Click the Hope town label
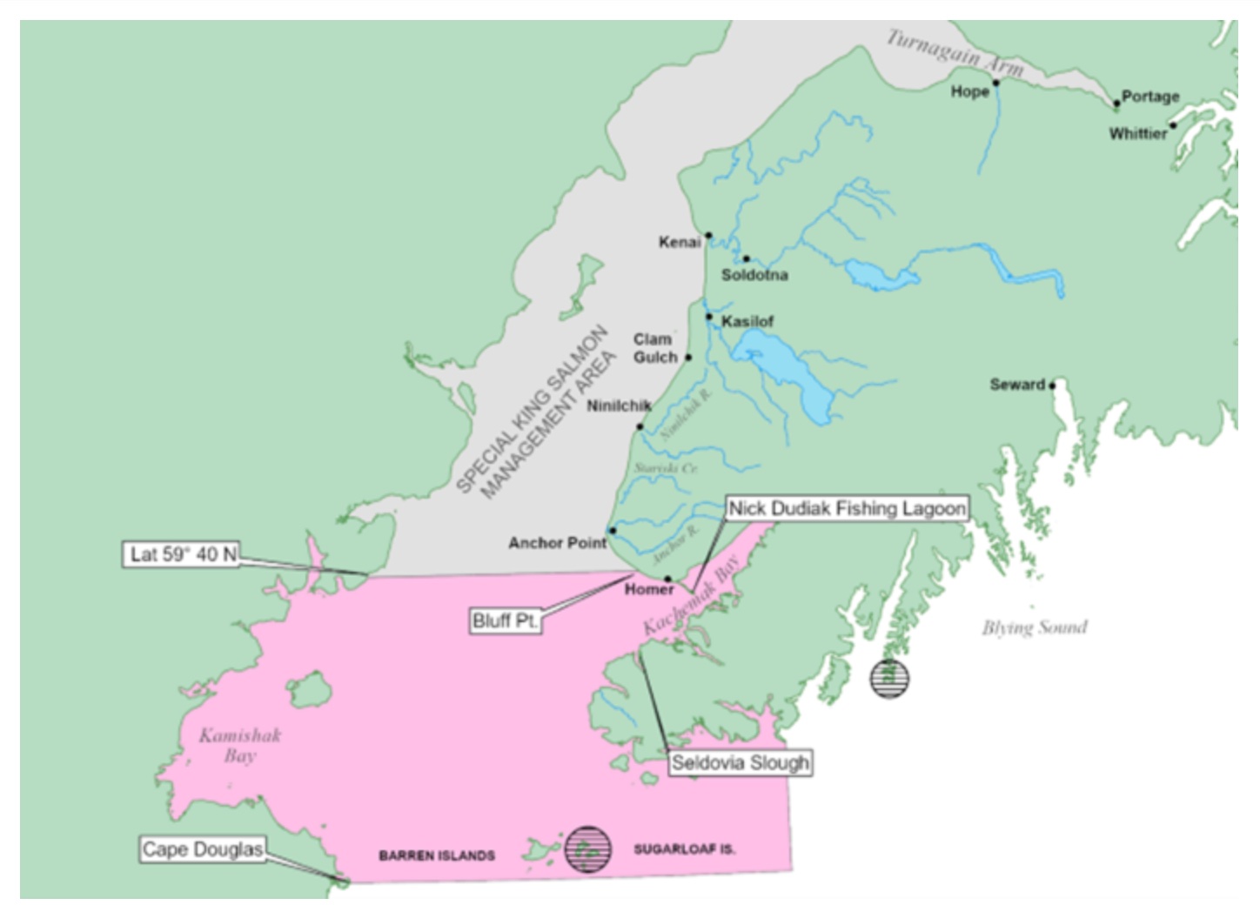969,91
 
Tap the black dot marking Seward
1052,385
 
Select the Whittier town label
1137,133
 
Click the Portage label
1150,96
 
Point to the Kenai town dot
708,235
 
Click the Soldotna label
754,275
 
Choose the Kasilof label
747,321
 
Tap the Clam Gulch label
655,348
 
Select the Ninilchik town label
619,406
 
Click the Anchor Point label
557,543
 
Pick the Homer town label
649,590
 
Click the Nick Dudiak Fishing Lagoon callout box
847,508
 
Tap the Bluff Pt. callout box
505,620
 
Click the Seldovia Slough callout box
740,763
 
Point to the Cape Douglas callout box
202,849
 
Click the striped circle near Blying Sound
889,679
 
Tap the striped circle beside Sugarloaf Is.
587,849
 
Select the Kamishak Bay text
240,746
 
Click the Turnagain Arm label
955,52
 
